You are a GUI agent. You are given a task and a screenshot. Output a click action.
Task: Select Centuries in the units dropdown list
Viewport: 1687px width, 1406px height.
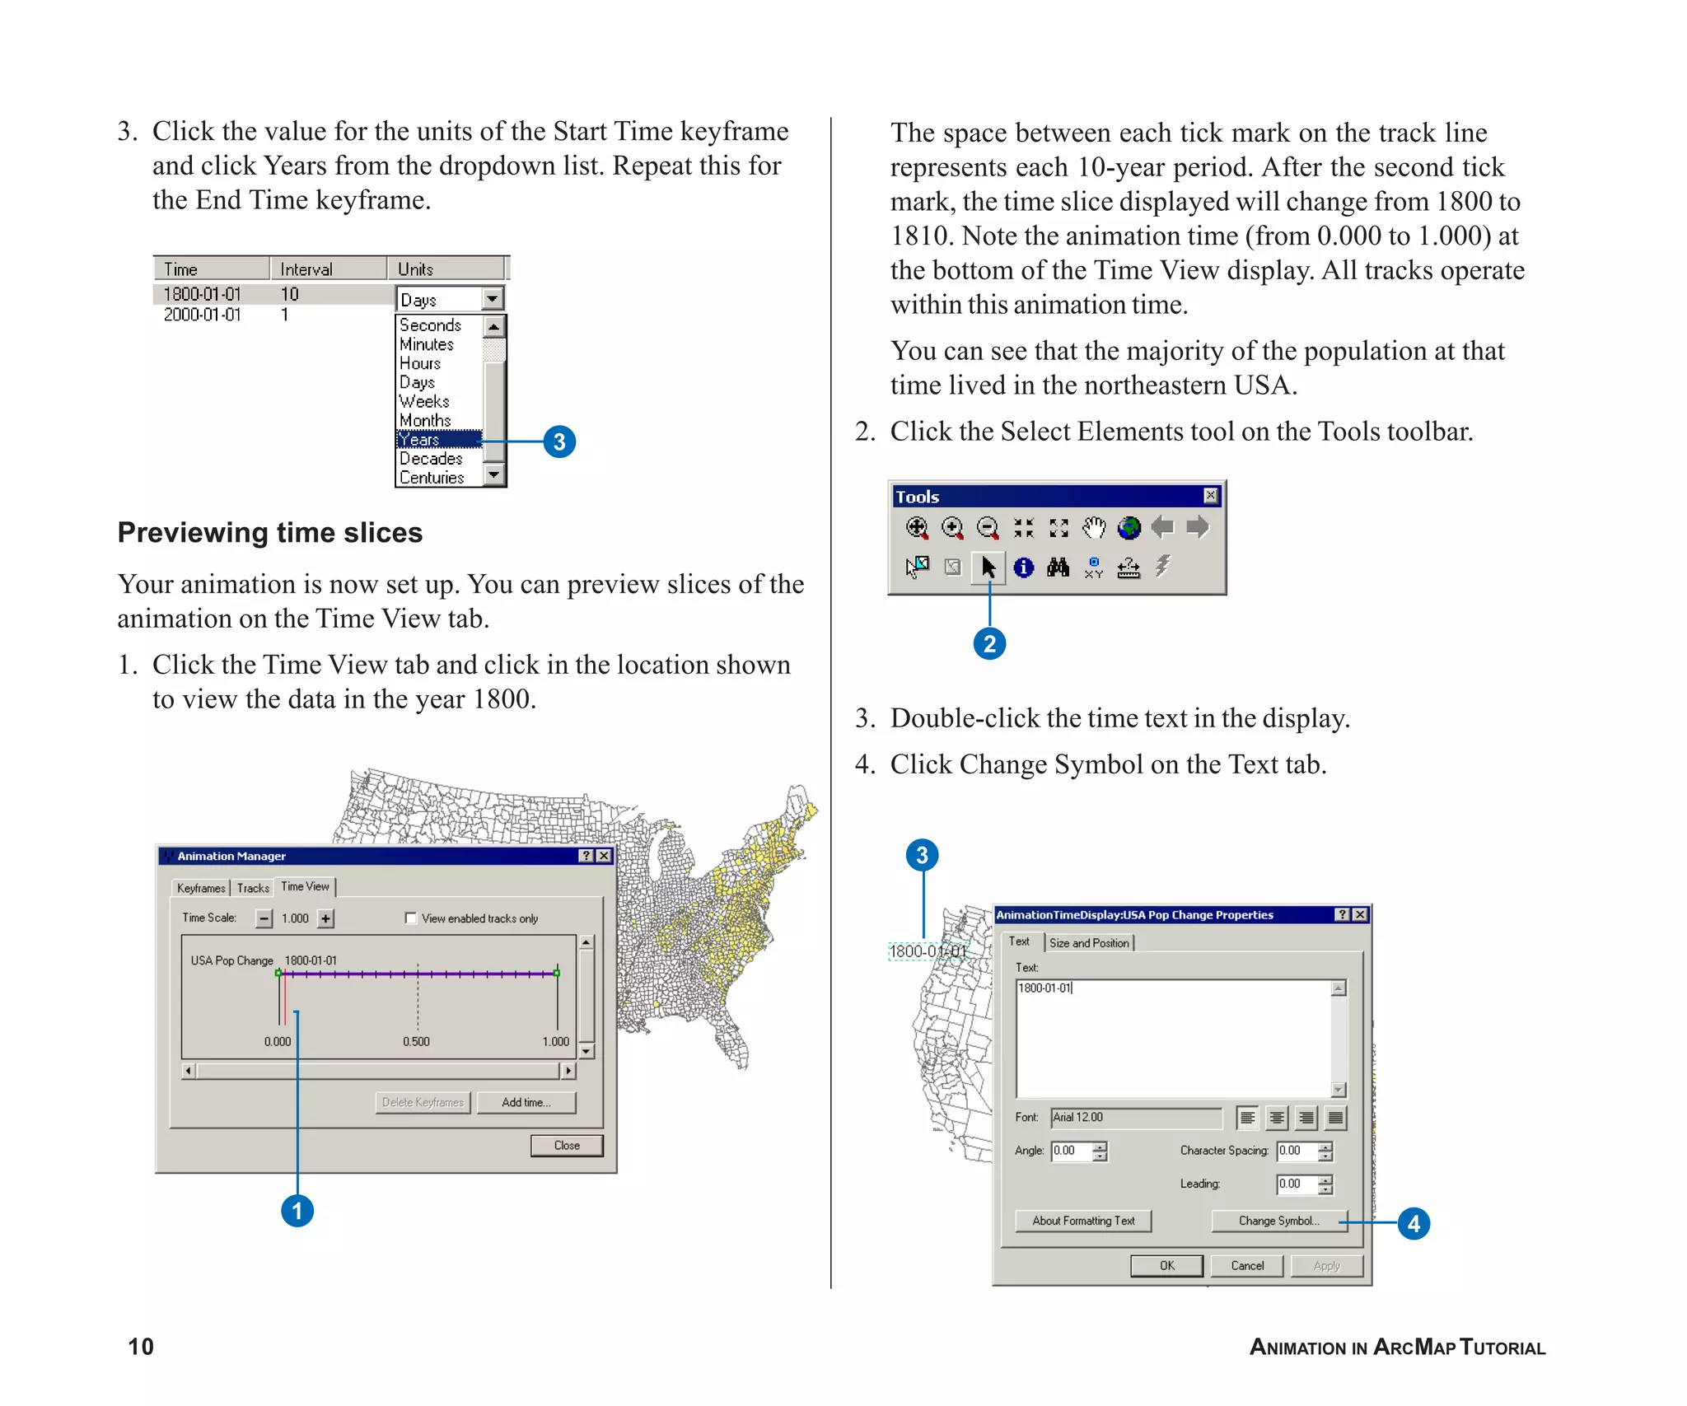432,478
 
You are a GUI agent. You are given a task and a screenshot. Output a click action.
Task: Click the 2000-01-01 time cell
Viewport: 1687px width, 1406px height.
203,315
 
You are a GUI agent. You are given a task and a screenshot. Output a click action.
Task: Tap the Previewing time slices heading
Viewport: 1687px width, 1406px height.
269,533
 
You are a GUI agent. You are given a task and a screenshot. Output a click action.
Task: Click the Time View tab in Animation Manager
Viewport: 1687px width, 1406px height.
305,886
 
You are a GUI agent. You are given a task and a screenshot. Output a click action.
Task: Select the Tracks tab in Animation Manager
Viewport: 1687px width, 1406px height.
253,888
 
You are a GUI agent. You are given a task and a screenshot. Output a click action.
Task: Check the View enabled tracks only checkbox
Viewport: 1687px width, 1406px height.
411,918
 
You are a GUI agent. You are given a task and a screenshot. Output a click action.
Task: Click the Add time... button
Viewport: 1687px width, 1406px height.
526,1102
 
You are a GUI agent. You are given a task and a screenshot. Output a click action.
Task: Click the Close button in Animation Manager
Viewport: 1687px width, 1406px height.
567,1145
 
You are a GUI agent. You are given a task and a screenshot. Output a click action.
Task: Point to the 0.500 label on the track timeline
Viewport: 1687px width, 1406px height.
416,1041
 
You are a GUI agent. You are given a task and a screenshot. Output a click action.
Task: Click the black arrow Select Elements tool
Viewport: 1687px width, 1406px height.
988,567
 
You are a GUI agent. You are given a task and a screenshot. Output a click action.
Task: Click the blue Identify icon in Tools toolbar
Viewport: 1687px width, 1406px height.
1023,567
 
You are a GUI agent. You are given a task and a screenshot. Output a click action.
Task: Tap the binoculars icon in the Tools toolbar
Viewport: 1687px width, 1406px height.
1058,567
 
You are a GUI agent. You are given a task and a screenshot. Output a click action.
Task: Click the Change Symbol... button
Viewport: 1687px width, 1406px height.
1278,1221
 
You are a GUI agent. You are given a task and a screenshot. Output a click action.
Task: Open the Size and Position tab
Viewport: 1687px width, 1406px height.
1089,942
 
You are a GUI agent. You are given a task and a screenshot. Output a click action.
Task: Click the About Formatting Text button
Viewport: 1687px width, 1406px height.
1083,1221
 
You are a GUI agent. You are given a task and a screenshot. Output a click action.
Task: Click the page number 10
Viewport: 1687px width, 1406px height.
141,1347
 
